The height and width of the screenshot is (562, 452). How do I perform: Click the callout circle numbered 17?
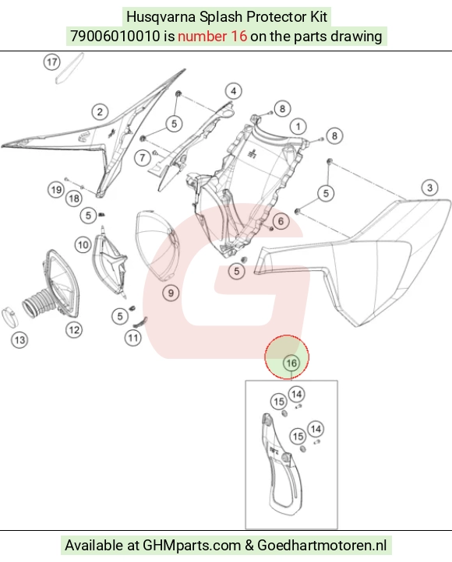pyautogui.click(x=51, y=62)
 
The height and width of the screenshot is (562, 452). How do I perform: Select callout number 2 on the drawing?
pyautogui.click(x=100, y=111)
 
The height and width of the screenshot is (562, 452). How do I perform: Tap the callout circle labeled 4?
pyautogui.click(x=234, y=91)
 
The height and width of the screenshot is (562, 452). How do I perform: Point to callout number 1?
pyautogui.click(x=298, y=126)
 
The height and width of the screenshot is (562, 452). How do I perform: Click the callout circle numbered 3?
pyautogui.click(x=429, y=188)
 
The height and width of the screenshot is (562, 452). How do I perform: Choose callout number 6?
pyautogui.click(x=281, y=221)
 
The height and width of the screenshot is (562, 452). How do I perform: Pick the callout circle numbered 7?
pyautogui.click(x=143, y=157)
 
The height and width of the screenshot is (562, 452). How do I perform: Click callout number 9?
pyautogui.click(x=171, y=293)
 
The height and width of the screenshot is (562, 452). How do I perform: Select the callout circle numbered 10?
pyautogui.click(x=83, y=245)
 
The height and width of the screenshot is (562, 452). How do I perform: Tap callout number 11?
pyautogui.click(x=133, y=338)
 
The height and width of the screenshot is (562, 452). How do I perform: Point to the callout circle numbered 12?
pyautogui.click(x=74, y=330)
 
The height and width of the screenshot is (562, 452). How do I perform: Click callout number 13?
pyautogui.click(x=19, y=340)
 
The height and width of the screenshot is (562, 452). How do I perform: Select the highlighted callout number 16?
pyautogui.click(x=291, y=363)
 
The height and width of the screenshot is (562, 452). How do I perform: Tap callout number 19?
pyautogui.click(x=56, y=189)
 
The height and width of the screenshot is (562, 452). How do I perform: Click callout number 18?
pyautogui.click(x=74, y=198)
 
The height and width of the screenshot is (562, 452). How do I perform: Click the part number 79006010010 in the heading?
pyautogui.click(x=115, y=37)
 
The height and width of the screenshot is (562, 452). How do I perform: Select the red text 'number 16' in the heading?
pyautogui.click(x=213, y=37)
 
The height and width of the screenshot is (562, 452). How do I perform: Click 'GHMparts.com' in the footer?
pyautogui.click(x=192, y=546)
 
